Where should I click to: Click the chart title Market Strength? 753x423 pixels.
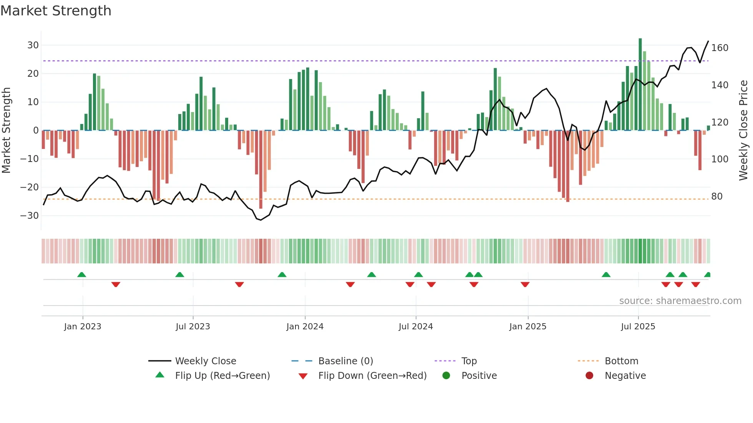pyautogui.click(x=56, y=11)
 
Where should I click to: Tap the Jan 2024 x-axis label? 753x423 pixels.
pyautogui.click(x=305, y=327)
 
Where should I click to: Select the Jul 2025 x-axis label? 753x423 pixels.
pyautogui.click(x=638, y=327)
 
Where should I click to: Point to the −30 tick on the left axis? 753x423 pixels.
pyautogui.click(x=30, y=216)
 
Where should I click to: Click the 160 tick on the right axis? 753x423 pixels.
pyautogui.click(x=720, y=48)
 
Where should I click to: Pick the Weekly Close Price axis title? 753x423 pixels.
pyautogui.click(x=743, y=131)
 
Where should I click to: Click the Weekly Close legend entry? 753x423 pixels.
pyautogui.click(x=205, y=361)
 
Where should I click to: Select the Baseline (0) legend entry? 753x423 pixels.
pyautogui.click(x=345, y=361)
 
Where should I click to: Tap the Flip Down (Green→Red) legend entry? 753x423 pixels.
pyautogui.click(x=372, y=376)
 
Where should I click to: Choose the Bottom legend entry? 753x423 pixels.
pyautogui.click(x=621, y=361)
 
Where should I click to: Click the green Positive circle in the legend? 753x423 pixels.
pyautogui.click(x=446, y=376)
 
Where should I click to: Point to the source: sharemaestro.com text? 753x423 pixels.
pyautogui.click(x=680, y=301)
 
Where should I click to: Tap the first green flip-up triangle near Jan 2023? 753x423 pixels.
pyautogui.click(x=81, y=275)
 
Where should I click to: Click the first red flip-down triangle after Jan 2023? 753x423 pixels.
pyautogui.click(x=116, y=284)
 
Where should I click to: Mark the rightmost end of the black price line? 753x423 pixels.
pyautogui.click(x=708, y=41)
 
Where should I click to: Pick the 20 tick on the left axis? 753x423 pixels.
pyautogui.click(x=33, y=74)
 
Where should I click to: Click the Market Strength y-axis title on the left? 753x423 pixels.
pyautogui.click(x=6, y=131)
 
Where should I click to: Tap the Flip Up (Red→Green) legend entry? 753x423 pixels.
pyautogui.click(x=222, y=376)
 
